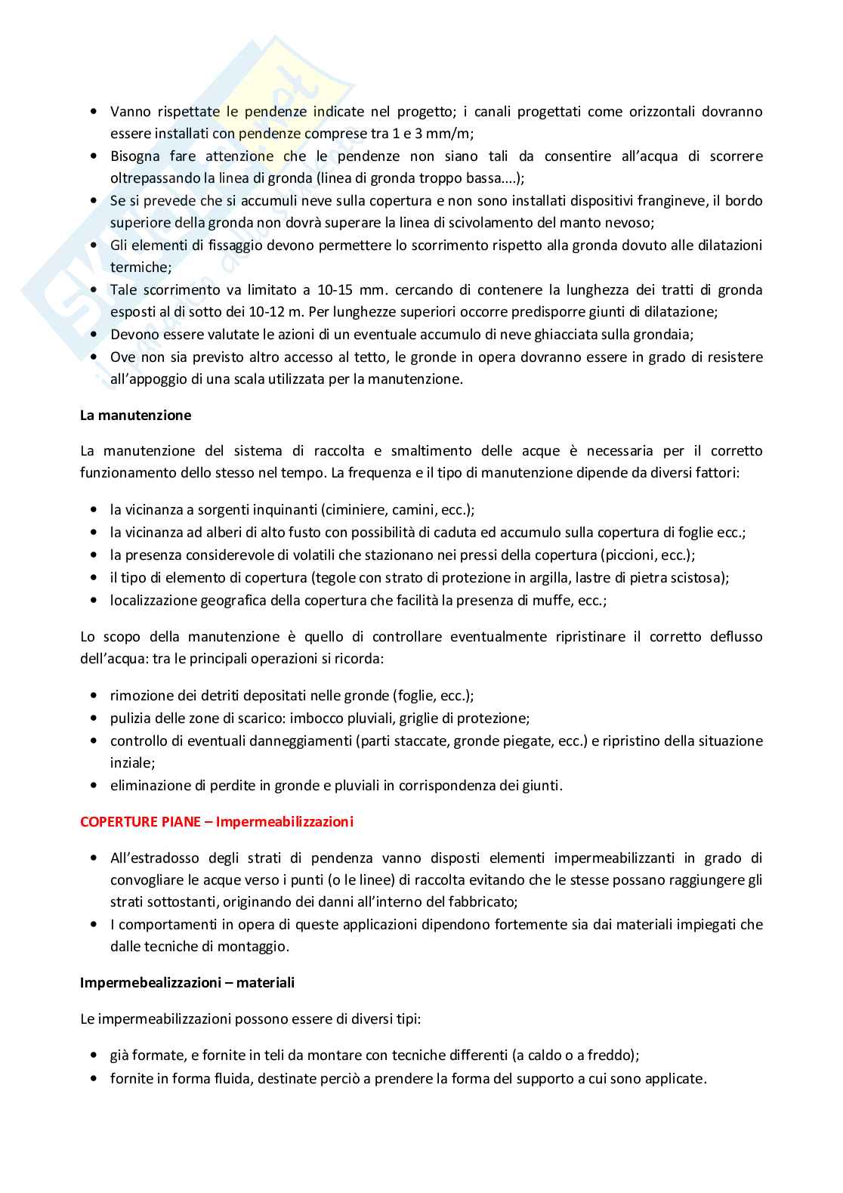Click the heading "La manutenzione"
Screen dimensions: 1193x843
(135, 416)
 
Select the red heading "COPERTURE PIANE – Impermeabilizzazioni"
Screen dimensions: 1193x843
(217, 822)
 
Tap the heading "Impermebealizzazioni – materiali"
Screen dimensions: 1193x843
(187, 983)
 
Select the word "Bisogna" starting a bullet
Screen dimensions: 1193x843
(135, 156)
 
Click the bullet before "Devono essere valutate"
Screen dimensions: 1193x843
(94, 334)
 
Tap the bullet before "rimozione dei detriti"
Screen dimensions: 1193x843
(94, 696)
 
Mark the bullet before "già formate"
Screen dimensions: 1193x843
(94, 1055)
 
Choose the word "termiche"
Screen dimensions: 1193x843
(139, 267)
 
